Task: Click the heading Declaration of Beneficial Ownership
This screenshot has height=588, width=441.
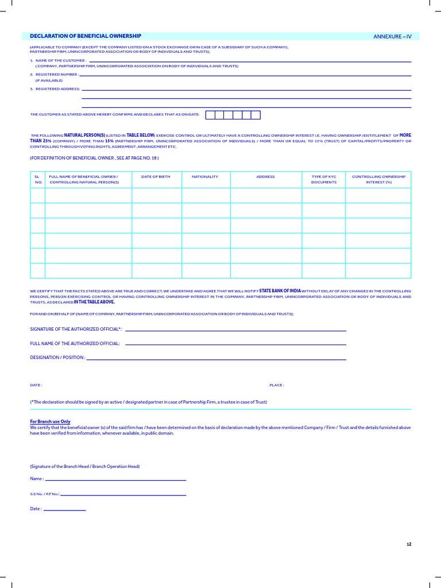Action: click(86, 36)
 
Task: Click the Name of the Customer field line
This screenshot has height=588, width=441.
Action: click(250, 61)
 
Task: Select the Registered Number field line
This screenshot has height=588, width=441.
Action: click(246, 75)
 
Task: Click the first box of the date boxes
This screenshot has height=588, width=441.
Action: click(210, 115)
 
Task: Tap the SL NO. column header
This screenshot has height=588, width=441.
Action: click(37, 179)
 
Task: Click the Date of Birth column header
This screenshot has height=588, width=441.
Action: click(156, 177)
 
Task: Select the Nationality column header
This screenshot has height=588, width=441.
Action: click(205, 177)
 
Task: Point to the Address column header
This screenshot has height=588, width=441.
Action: click(265, 177)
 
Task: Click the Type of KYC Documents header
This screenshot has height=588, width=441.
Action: click(324, 179)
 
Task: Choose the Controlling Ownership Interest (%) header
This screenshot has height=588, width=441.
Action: click(378, 179)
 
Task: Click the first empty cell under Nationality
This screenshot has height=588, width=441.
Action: click(206, 196)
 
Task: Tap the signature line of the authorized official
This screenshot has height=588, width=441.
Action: click(235, 330)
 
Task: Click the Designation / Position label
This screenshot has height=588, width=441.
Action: click(57, 357)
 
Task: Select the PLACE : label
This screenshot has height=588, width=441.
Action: click(277, 385)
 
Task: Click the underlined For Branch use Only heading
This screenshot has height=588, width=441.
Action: click(50, 421)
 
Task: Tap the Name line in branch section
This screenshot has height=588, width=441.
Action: click(115, 479)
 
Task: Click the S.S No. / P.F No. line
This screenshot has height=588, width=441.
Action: click(123, 494)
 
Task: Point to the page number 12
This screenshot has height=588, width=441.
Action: click(409, 544)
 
